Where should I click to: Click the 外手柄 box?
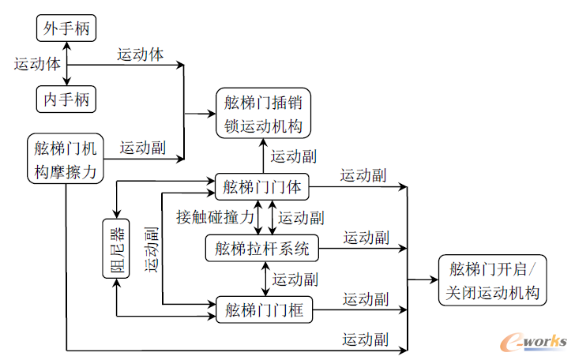(66, 30)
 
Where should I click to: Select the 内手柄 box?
(66, 99)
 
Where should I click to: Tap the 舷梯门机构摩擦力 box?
(66, 158)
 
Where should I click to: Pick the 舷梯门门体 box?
(262, 187)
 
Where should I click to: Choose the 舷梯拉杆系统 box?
(262, 249)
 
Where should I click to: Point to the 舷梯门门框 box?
(264, 309)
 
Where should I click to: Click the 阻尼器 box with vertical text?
(116, 249)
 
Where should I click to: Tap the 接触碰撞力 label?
(215, 216)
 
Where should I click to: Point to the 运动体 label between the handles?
(36, 65)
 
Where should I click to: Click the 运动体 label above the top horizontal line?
(141, 55)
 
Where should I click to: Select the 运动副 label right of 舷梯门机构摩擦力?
(142, 147)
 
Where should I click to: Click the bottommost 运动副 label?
(364, 339)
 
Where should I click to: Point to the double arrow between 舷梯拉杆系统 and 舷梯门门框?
(263, 279)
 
